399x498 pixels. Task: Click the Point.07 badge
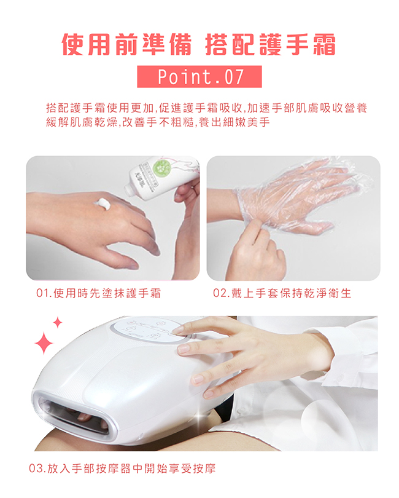click(x=199, y=76)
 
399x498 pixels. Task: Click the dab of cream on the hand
click(x=103, y=204)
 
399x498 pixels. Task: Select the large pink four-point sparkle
click(x=44, y=343)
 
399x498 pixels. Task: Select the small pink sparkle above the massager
click(x=58, y=322)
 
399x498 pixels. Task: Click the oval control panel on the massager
click(x=149, y=330)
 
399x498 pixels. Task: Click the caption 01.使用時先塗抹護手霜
click(x=99, y=293)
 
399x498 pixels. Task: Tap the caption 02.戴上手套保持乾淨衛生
click(x=282, y=293)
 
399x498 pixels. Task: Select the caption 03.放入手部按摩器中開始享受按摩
click(x=122, y=468)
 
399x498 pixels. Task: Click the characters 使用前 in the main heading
click(x=99, y=44)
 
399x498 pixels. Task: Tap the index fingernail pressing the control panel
click(x=178, y=330)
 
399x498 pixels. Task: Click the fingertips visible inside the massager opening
click(x=92, y=419)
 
